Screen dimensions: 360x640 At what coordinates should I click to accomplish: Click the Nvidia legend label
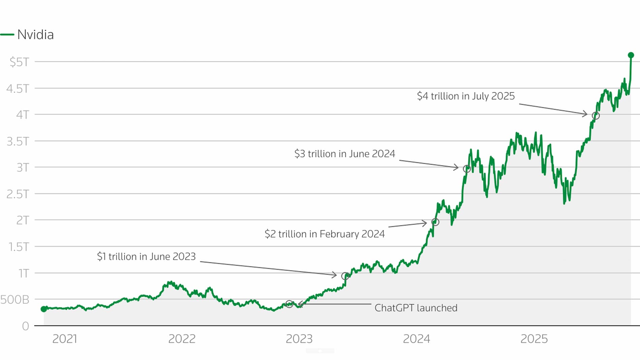tap(35, 35)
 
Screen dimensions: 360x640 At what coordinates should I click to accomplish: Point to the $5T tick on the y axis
tap(20, 62)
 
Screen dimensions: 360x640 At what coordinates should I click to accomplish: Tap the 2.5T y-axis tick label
tap(18, 194)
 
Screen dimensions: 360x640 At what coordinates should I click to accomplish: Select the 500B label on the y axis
tap(15, 299)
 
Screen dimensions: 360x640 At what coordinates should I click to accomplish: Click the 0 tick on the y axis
tap(25, 326)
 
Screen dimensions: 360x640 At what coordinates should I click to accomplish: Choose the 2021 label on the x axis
tap(65, 339)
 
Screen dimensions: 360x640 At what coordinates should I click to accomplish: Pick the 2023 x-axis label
tap(299, 339)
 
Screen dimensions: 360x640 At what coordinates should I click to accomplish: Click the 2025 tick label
tap(534, 339)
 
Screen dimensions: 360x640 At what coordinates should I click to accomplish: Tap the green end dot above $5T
tap(631, 55)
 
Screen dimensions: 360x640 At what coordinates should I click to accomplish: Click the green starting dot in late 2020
tap(44, 309)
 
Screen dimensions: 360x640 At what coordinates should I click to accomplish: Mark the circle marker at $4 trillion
tap(596, 116)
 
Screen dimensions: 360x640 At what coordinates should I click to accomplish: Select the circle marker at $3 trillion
tap(467, 169)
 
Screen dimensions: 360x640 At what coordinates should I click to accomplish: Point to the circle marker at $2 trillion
tap(435, 222)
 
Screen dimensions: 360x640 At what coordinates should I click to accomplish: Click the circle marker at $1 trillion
tap(345, 276)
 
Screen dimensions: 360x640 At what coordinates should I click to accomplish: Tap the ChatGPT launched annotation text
tap(416, 308)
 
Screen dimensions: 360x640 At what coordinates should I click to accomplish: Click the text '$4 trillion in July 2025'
tap(466, 96)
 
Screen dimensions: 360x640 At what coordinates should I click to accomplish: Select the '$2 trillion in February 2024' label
tap(324, 234)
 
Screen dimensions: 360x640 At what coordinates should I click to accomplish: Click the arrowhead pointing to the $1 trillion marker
tap(334, 275)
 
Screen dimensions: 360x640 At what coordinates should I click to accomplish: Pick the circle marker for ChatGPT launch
tap(289, 304)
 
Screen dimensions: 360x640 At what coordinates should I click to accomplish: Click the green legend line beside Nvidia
tap(7, 35)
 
